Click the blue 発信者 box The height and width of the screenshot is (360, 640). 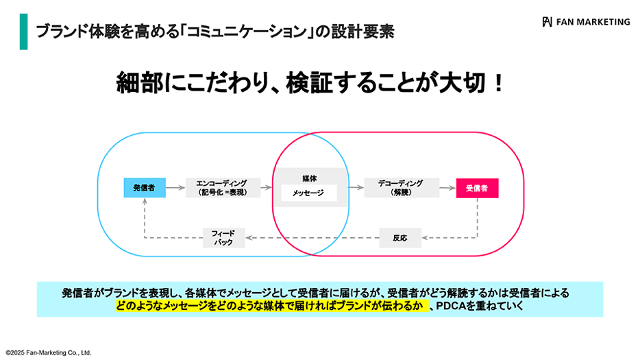[144, 188]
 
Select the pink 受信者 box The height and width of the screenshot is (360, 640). [477, 188]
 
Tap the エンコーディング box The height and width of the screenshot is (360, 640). [223, 188]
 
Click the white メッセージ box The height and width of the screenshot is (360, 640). [309, 193]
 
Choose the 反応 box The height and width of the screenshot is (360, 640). [399, 238]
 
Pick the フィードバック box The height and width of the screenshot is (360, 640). [223, 238]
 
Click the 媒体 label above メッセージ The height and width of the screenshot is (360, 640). [309, 178]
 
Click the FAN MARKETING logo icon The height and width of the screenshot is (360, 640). [547, 21]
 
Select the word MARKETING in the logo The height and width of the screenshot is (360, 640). [603, 21]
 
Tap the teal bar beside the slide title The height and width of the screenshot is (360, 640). [23, 32]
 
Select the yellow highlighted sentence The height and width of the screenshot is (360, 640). [271, 306]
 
